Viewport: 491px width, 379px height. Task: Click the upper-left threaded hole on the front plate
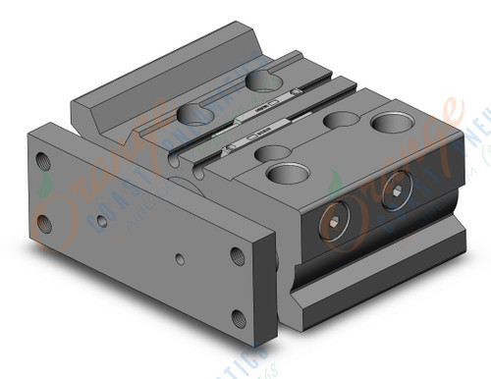[41, 159]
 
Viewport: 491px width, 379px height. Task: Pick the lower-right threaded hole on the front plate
[241, 320]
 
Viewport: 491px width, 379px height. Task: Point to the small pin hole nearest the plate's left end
[102, 222]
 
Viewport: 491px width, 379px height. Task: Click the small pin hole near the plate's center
[176, 261]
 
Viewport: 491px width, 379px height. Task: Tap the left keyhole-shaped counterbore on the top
[193, 115]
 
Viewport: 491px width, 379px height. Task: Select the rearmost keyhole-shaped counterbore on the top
[262, 80]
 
